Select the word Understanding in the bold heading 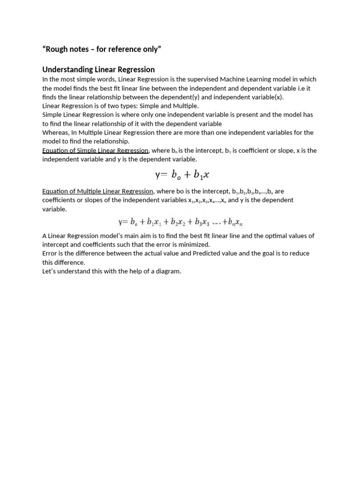coord(69,70)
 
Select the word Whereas coord(55,133)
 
